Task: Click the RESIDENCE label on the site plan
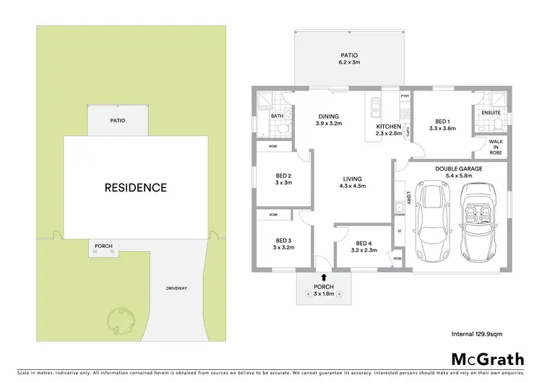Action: point(136,188)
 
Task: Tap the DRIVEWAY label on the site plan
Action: point(176,288)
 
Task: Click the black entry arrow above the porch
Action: point(323,277)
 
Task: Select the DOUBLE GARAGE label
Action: point(459,168)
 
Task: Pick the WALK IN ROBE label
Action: point(496,147)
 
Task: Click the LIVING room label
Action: point(353,179)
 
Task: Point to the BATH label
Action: point(277,116)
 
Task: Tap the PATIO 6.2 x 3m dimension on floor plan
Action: point(350,63)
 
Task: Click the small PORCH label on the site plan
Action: point(103,246)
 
